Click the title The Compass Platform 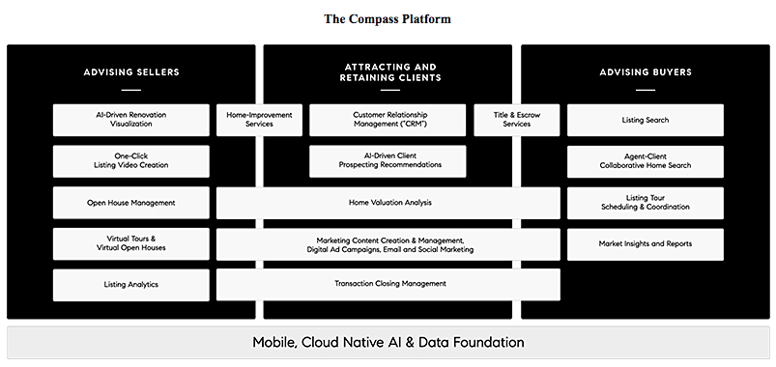click(x=388, y=19)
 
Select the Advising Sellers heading click(x=131, y=72)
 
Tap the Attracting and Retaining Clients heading click(x=390, y=72)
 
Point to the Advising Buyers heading click(x=646, y=72)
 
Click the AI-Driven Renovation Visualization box click(x=131, y=120)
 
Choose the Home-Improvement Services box click(x=259, y=120)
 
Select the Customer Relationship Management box click(x=388, y=120)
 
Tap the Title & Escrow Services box click(x=517, y=120)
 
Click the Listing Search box click(x=646, y=120)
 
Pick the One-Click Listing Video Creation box click(x=131, y=161)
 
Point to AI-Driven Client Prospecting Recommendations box click(x=388, y=161)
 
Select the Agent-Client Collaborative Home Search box click(x=646, y=161)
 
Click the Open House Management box click(x=131, y=203)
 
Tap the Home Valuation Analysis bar click(x=388, y=203)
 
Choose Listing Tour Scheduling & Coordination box click(x=646, y=203)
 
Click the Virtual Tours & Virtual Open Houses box click(x=131, y=243)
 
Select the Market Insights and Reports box click(x=646, y=243)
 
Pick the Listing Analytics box click(x=131, y=285)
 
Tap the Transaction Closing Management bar click(x=388, y=284)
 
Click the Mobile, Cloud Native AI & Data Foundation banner click(x=388, y=342)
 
